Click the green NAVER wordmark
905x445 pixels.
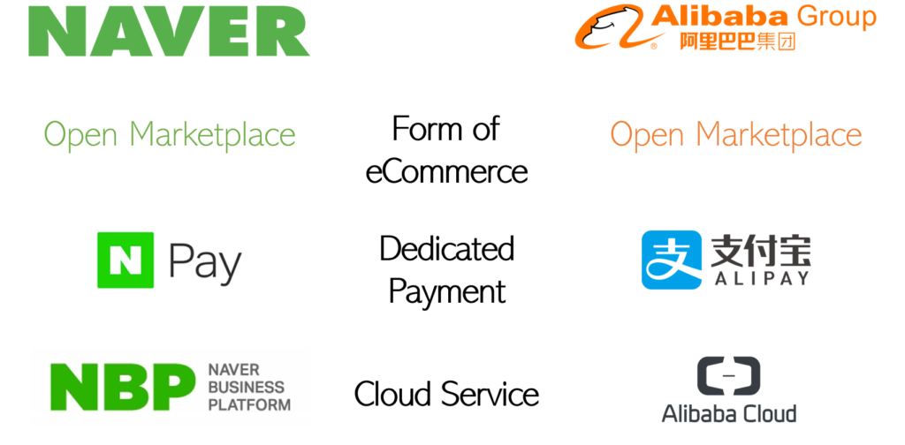169,30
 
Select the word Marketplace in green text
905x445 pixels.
212,135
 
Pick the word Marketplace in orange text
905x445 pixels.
779,135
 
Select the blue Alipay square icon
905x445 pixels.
671,260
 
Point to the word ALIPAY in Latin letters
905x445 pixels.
759,279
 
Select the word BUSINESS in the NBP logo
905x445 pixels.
247,387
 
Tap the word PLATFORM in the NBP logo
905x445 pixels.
249,404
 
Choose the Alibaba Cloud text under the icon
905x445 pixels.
728,412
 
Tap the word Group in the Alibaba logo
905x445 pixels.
836,16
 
